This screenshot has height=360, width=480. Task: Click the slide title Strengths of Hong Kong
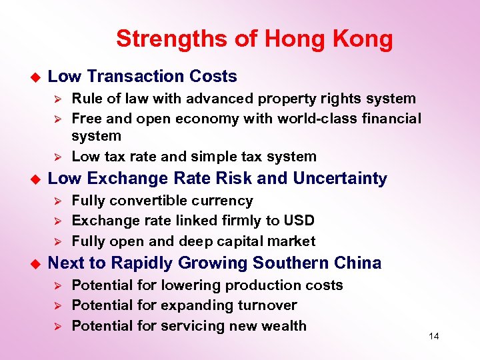[254, 39]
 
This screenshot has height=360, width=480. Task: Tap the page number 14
[433, 336]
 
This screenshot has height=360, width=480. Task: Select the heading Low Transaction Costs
[143, 77]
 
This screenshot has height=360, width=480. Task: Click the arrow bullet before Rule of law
[57, 99]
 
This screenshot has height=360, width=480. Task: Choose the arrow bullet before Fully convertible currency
[57, 201]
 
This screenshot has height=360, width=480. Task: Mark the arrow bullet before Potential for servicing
[57, 327]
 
